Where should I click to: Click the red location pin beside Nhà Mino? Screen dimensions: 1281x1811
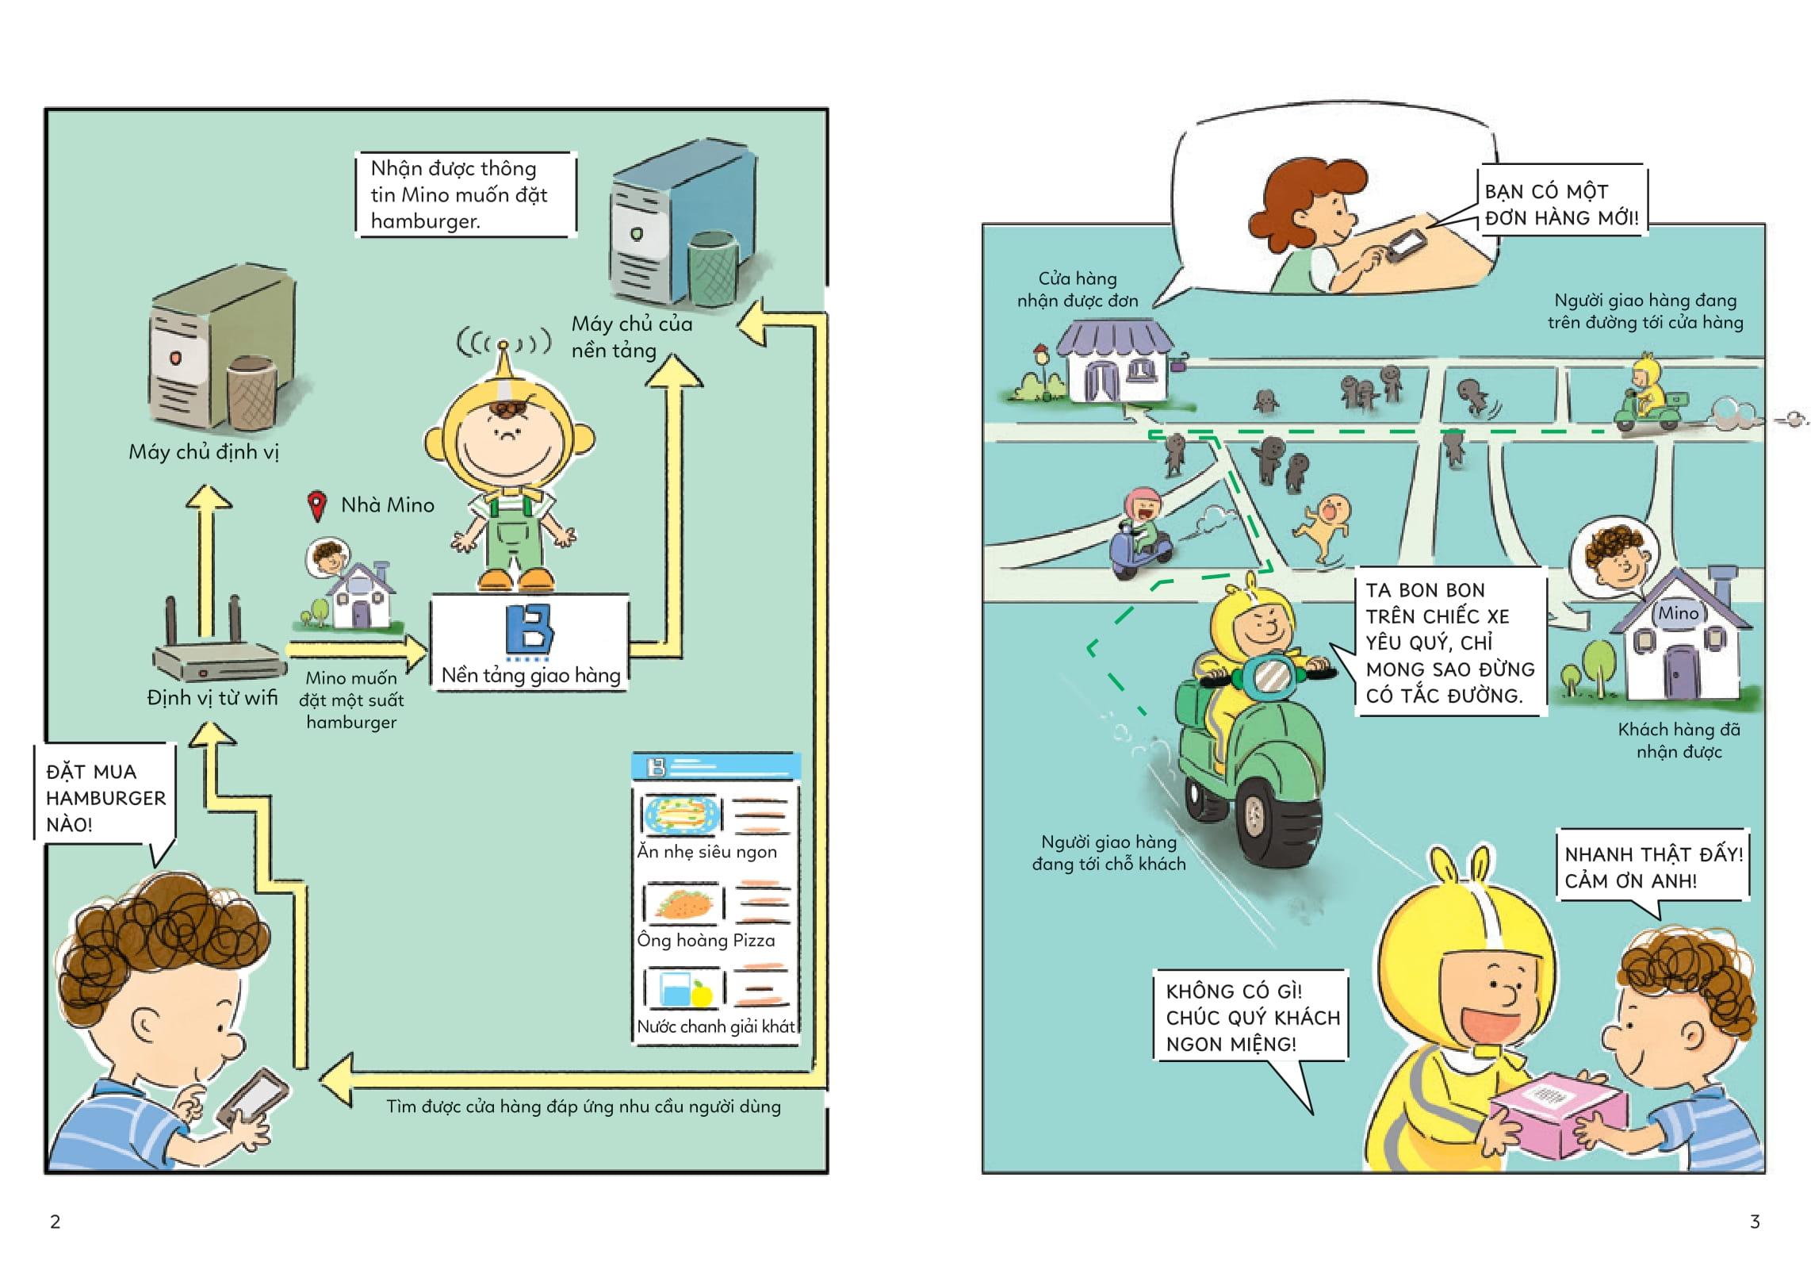(317, 505)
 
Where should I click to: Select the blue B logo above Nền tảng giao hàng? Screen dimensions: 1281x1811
(530, 631)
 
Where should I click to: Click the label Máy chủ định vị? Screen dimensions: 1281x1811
(204, 452)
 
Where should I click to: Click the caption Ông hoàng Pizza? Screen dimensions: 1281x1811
(706, 941)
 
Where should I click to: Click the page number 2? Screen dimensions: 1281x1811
(55, 1222)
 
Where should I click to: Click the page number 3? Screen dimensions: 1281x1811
(1755, 1222)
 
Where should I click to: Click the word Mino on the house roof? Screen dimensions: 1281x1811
(1678, 613)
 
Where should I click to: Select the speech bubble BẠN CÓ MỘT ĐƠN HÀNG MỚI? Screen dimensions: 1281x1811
(1561, 205)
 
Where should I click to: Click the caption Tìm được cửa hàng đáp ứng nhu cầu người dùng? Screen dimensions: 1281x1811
(583, 1106)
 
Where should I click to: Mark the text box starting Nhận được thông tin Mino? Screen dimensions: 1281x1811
(465, 194)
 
